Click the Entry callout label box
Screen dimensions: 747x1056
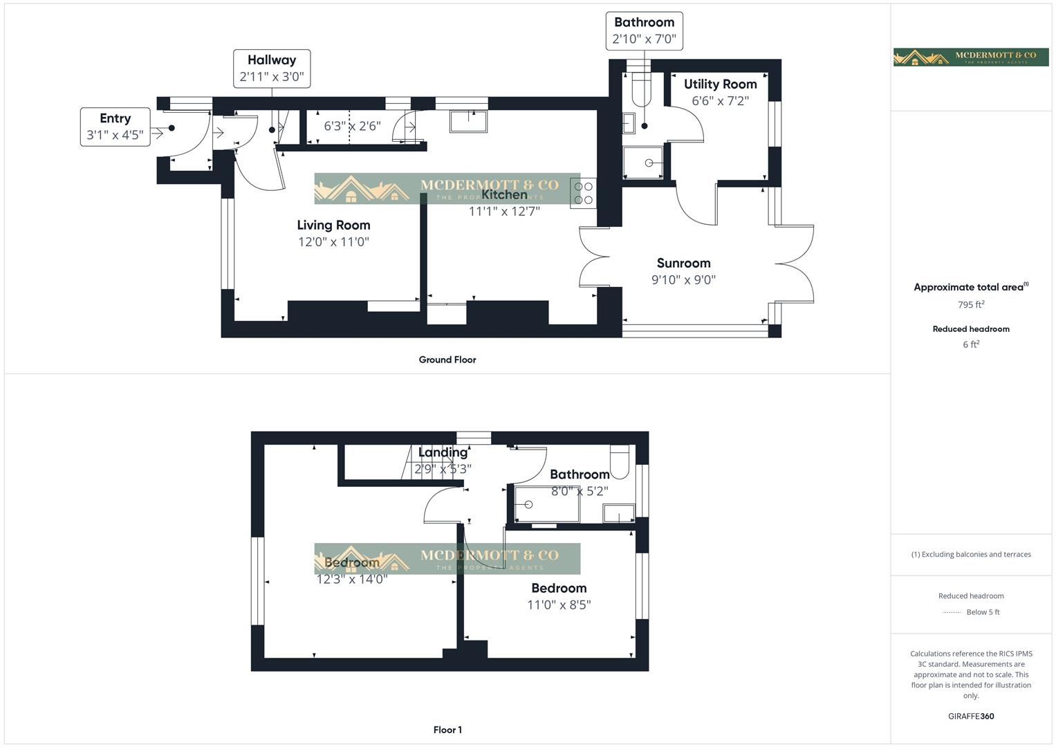pyautogui.click(x=115, y=127)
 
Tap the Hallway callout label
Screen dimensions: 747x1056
pyautogui.click(x=271, y=68)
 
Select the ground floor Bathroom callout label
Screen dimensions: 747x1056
pyautogui.click(x=644, y=30)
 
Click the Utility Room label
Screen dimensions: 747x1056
pyautogui.click(x=720, y=84)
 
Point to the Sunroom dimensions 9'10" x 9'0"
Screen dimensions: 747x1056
pyautogui.click(x=683, y=280)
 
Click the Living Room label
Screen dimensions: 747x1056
pyautogui.click(x=333, y=225)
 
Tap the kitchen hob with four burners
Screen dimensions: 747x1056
pyautogui.click(x=583, y=193)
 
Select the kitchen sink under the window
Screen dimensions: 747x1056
pyautogui.click(x=468, y=121)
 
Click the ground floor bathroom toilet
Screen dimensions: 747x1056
pyautogui.click(x=641, y=88)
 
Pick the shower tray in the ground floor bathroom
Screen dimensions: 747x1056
pyautogui.click(x=642, y=163)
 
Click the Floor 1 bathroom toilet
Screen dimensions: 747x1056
pyautogui.click(x=620, y=462)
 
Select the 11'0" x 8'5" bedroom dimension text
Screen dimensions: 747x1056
pyautogui.click(x=559, y=605)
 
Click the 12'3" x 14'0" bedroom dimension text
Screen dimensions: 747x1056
pyautogui.click(x=351, y=580)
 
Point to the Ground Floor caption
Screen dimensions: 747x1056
pyautogui.click(x=447, y=360)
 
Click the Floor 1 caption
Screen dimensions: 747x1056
pyautogui.click(x=447, y=730)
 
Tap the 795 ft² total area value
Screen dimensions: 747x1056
pyautogui.click(x=971, y=304)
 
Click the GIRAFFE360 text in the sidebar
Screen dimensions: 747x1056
pyautogui.click(x=971, y=717)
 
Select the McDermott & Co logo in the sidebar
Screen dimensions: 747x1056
pyautogui.click(x=971, y=57)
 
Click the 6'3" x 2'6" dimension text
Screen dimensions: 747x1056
pyautogui.click(x=352, y=127)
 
